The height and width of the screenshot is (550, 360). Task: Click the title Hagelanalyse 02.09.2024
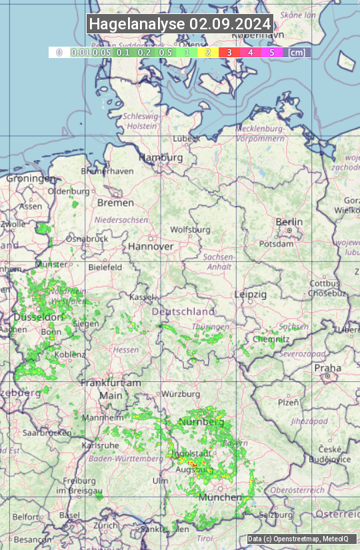pos(180,24)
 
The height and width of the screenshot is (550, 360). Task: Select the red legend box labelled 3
pos(229,52)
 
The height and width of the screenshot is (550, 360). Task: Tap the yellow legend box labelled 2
pos(207,52)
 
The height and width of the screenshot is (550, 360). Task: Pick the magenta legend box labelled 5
pos(271,52)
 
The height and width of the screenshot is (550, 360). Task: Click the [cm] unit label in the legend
pos(297,52)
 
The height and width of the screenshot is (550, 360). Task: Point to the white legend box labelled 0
pos(59,52)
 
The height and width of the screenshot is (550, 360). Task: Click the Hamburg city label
pos(161,157)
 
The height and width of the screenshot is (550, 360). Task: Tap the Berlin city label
pos(289,222)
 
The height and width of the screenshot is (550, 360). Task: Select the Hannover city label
pos(151,246)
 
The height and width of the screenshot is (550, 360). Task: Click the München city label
pos(220,497)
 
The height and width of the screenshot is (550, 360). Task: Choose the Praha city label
pos(328,368)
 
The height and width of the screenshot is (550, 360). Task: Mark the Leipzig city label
pos(251,294)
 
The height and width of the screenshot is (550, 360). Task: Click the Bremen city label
pos(115,202)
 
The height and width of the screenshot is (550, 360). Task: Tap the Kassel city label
pos(141,296)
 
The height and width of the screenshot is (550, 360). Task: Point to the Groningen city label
pos(31,179)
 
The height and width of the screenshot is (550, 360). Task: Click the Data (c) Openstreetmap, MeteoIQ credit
pos(298,539)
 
